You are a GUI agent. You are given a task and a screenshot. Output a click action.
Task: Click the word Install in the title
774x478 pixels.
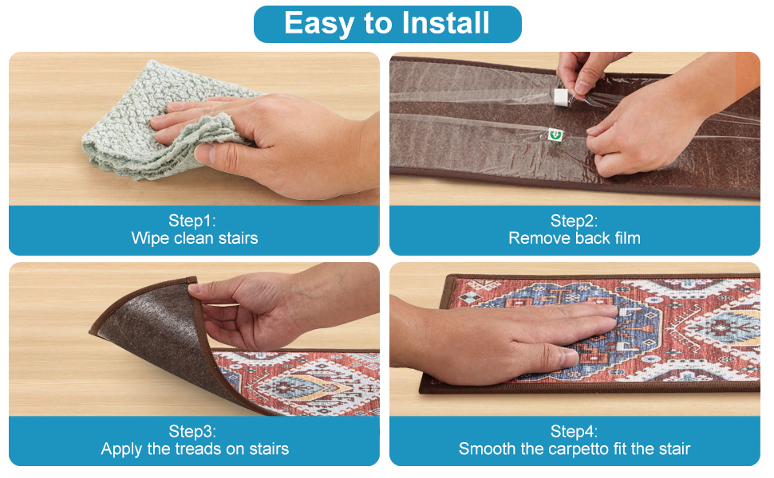[x=445, y=23]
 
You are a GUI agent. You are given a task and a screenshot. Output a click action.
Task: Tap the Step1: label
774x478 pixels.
[x=192, y=220]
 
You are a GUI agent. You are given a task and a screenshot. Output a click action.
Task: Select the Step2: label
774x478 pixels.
[x=574, y=220]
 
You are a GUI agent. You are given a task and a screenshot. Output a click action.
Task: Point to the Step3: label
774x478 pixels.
[x=192, y=431]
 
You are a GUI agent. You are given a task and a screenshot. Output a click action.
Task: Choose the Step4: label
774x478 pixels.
[x=574, y=431]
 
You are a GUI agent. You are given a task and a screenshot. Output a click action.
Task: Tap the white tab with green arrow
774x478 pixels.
[x=556, y=135]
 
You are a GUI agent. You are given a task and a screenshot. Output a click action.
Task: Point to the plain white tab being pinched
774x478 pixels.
[x=561, y=97]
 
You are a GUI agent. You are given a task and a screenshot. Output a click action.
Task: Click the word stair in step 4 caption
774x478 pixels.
[x=673, y=449]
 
